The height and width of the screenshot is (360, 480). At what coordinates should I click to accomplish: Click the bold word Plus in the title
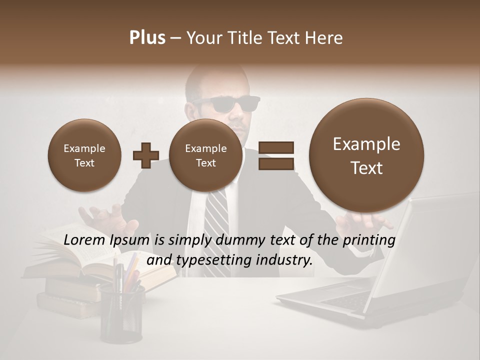click(147, 38)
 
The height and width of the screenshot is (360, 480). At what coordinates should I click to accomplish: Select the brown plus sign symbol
click(145, 155)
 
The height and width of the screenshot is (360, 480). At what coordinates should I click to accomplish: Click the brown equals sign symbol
click(275, 155)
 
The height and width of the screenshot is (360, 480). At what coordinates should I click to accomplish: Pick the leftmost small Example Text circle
click(84, 155)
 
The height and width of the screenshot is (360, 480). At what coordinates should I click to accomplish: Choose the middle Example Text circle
click(205, 155)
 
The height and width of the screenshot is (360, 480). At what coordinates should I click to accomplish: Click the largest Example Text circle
click(366, 155)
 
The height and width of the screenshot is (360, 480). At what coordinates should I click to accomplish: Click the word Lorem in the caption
click(84, 240)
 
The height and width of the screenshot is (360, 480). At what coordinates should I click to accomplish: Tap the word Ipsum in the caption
click(128, 240)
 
